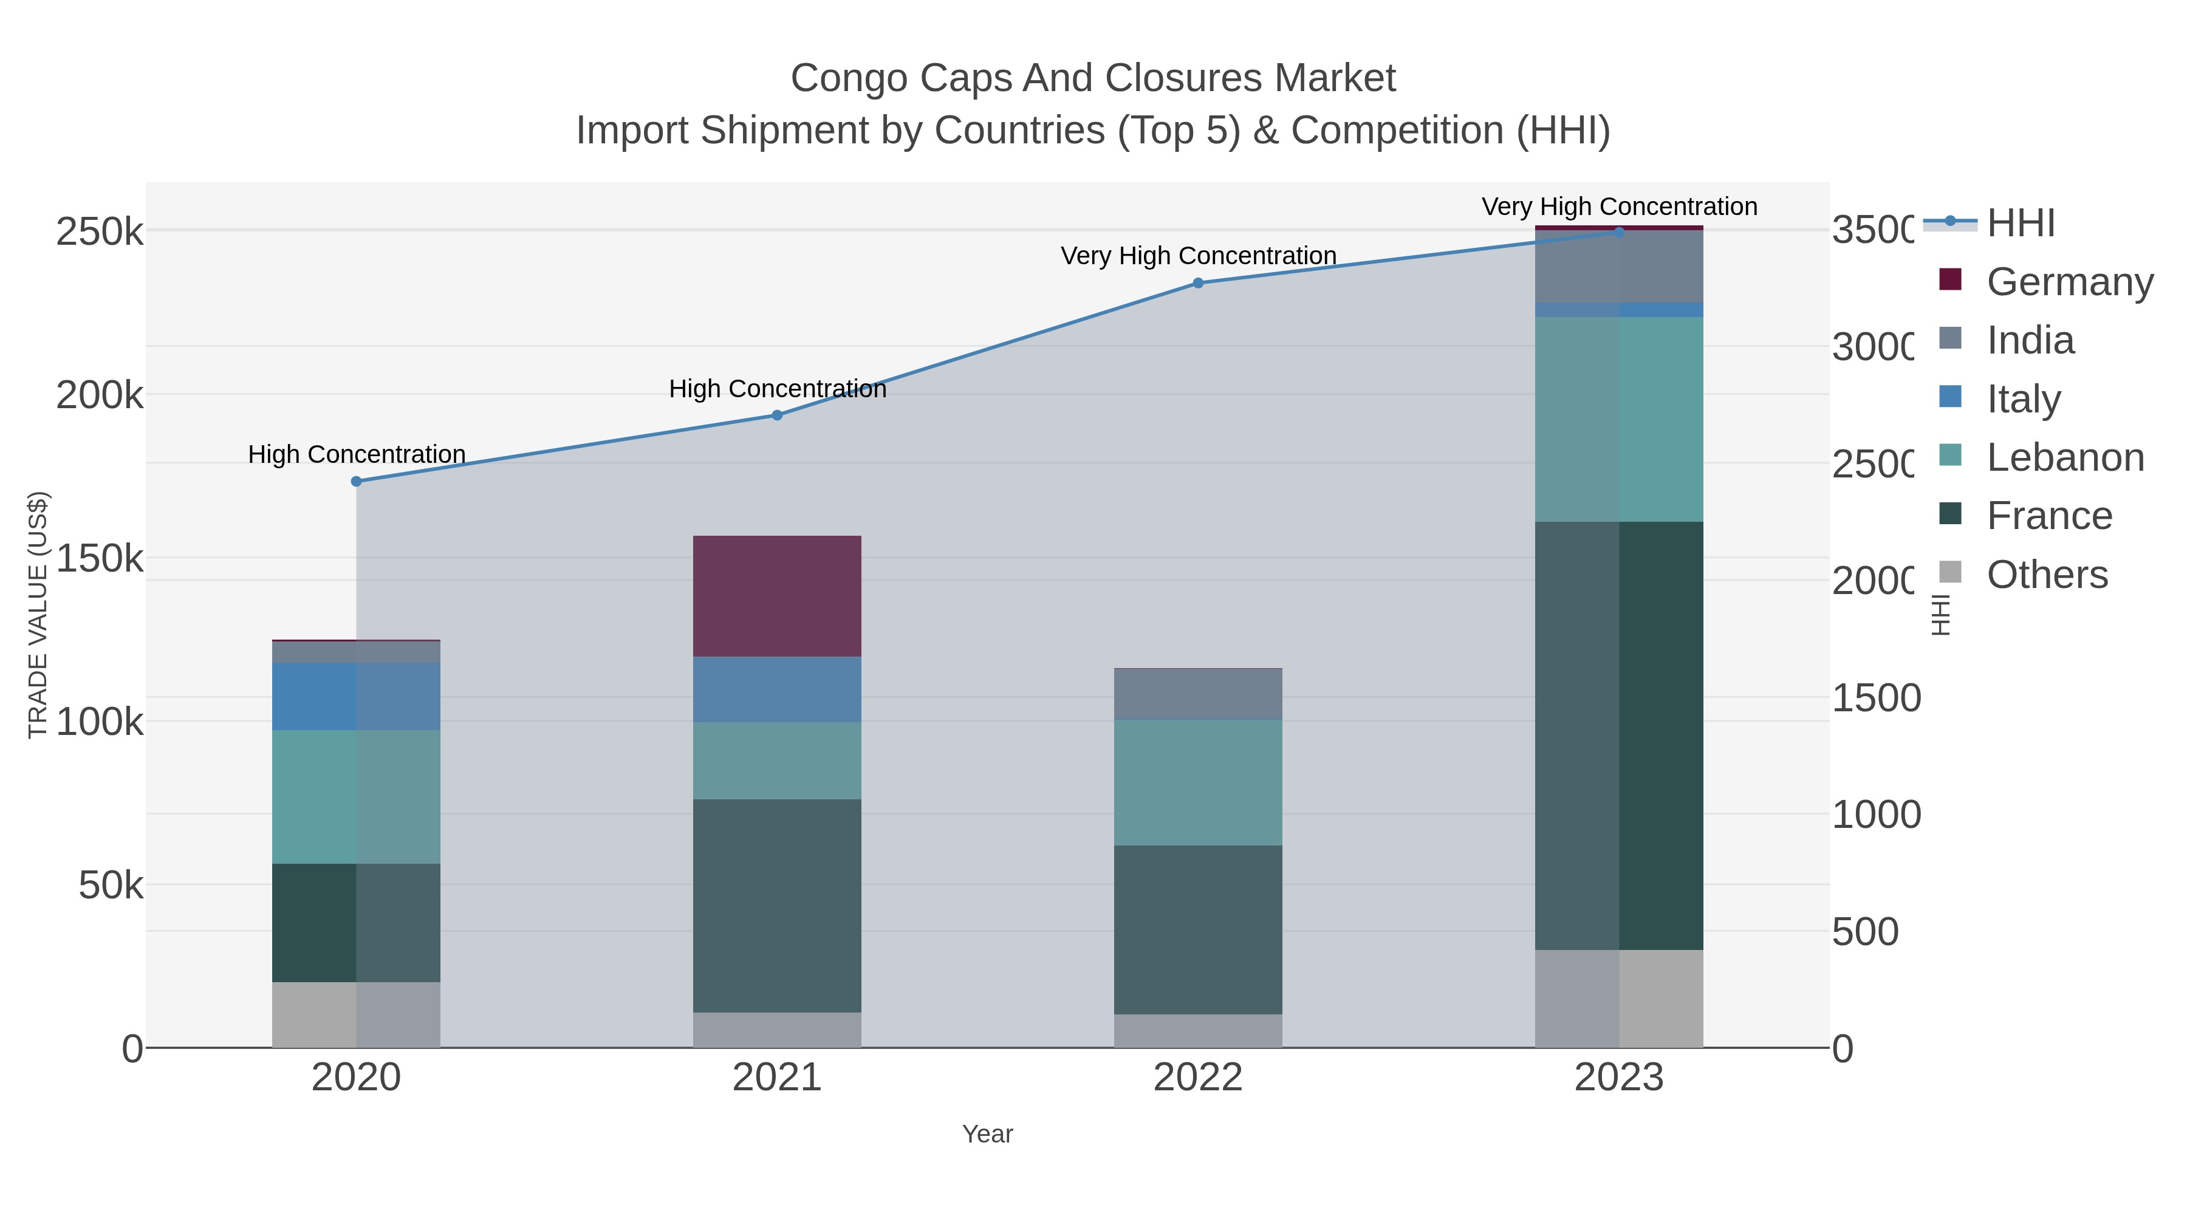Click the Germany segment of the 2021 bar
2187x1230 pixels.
point(777,596)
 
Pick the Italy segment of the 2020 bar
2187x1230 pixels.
point(356,696)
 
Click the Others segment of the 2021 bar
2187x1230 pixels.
point(777,1030)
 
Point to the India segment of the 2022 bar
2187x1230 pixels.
point(1198,694)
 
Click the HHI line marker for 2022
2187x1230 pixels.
point(1198,282)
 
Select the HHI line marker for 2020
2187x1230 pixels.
point(356,481)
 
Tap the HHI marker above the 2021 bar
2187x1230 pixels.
point(777,415)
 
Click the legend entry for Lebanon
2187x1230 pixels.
point(2065,457)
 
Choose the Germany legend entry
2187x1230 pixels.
point(2069,282)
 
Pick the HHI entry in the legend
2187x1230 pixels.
point(2021,224)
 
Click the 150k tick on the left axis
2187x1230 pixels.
point(100,559)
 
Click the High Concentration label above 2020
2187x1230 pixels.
point(357,454)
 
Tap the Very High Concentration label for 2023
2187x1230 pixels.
point(1619,207)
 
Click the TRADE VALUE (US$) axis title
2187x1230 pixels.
point(38,615)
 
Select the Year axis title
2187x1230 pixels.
point(987,1134)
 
